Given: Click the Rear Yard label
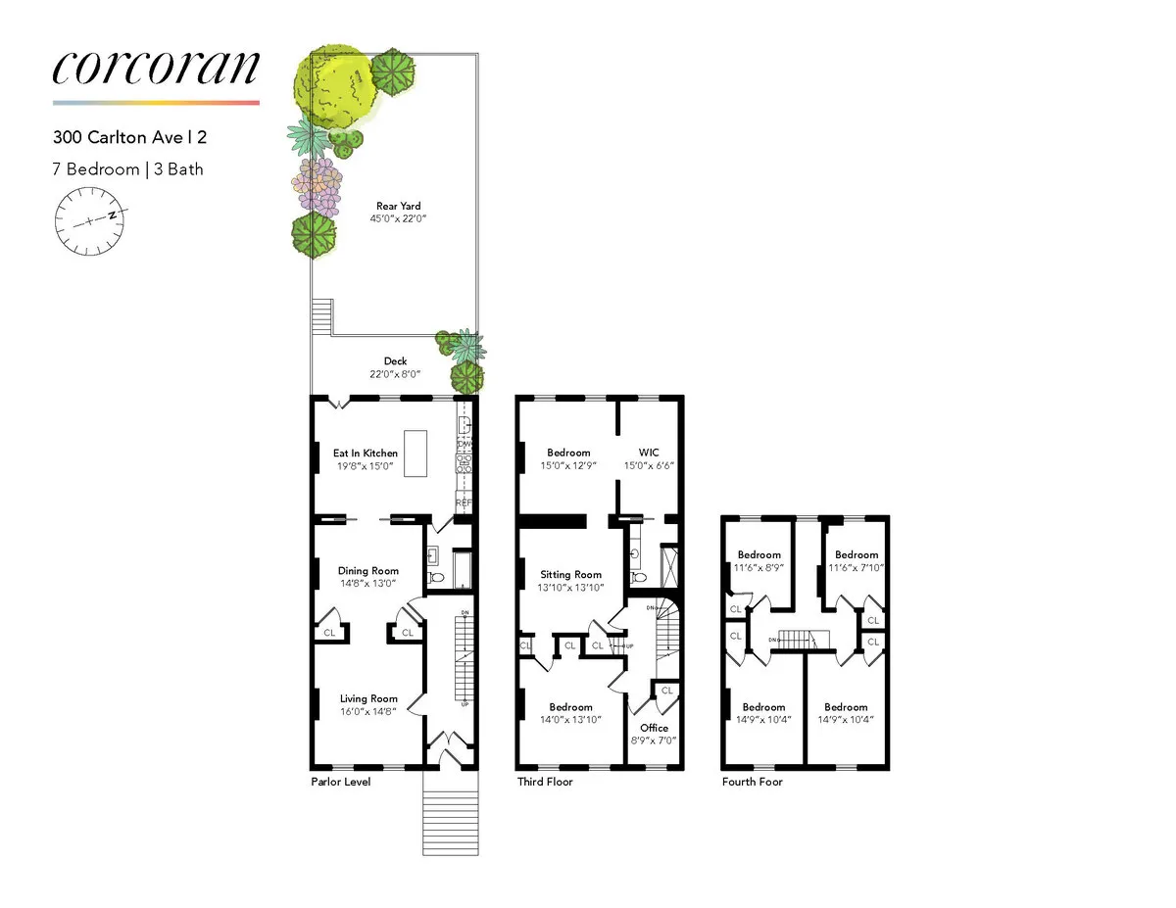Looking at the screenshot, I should (x=399, y=206).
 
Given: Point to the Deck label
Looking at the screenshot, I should (x=395, y=361).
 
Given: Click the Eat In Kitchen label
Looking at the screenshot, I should (x=366, y=453).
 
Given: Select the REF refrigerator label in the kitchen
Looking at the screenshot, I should (x=464, y=503).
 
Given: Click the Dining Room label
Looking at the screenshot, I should (x=368, y=571).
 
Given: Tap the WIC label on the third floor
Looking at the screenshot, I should (x=649, y=453).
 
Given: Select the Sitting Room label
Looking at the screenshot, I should (x=571, y=575).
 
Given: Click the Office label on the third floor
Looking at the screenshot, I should (x=654, y=728).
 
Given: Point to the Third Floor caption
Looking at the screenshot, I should (x=545, y=783).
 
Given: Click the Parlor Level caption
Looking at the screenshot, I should (x=340, y=783).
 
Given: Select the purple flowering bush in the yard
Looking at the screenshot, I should (x=318, y=185).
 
